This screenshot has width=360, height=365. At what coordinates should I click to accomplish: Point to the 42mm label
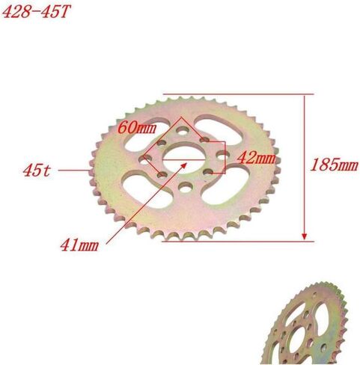click(255, 158)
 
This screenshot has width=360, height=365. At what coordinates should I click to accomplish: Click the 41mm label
click(80, 243)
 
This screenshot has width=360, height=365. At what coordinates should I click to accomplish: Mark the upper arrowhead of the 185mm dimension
click(305, 99)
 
